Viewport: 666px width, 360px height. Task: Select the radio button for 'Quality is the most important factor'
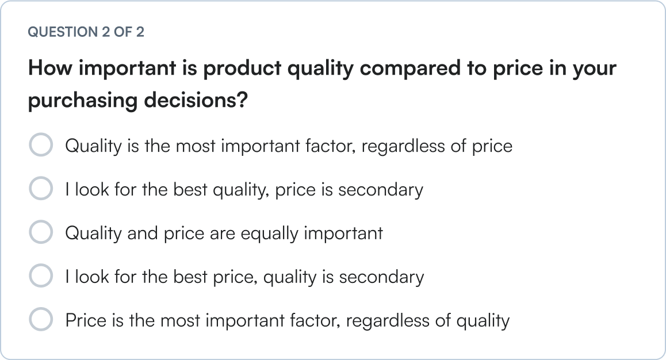41,145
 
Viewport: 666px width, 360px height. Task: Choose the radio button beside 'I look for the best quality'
41,189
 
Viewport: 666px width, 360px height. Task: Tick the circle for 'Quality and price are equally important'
41,232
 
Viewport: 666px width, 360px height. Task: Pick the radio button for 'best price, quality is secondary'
41,276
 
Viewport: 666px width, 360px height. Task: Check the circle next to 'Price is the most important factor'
41,319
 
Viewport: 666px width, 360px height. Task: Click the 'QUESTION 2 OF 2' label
86,32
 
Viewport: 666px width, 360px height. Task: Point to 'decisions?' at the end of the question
196,101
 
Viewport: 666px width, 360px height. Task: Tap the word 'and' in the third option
142,233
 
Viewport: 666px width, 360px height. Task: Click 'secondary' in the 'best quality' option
380,189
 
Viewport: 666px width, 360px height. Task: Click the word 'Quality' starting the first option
93,145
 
